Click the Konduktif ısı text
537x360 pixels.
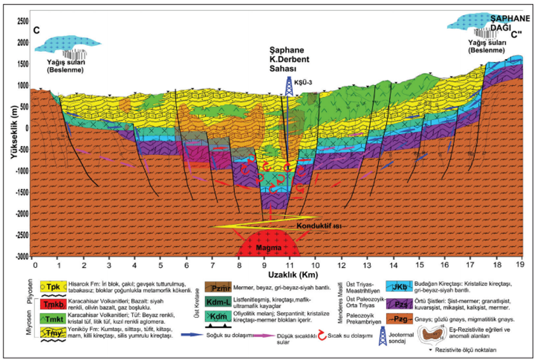click(312, 225)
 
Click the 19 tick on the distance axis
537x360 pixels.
click(520, 265)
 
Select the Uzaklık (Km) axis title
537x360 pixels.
click(277, 274)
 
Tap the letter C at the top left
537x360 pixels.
click(37, 30)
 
